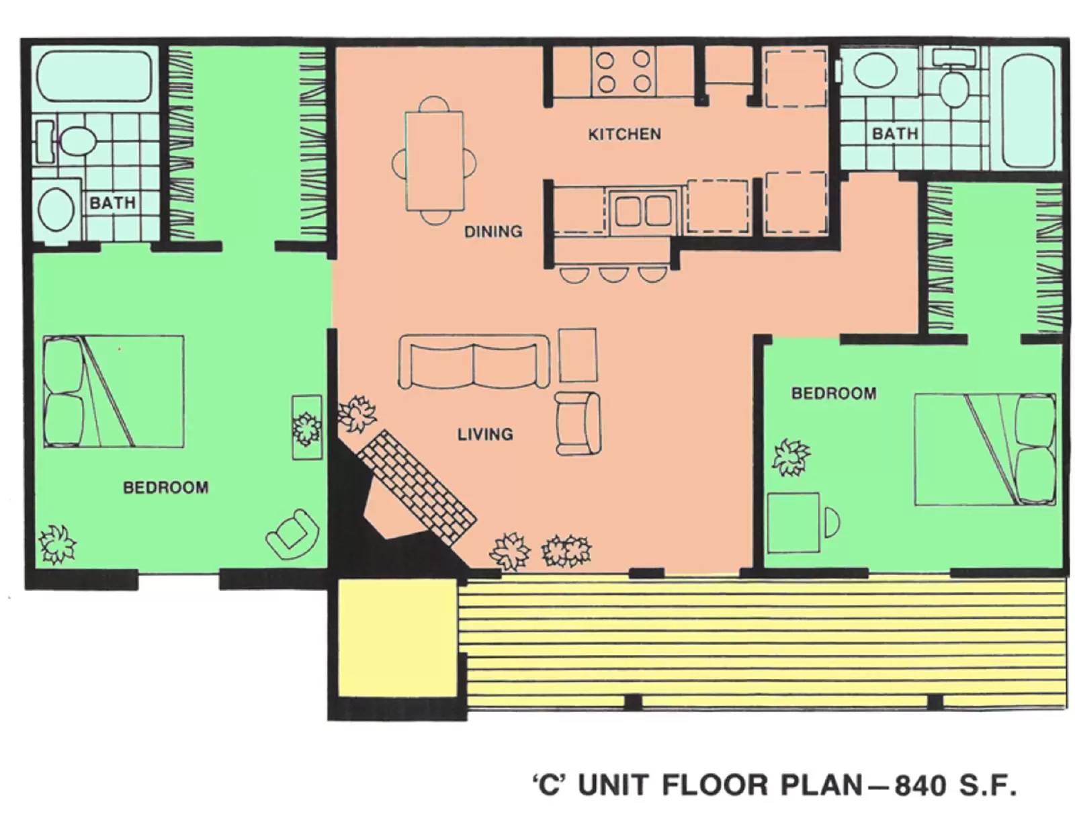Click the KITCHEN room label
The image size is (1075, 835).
(x=624, y=134)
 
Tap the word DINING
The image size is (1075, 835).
(x=492, y=231)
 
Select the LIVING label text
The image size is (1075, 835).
(x=484, y=434)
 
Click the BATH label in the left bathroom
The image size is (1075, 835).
(x=112, y=202)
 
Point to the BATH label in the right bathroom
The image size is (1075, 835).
(x=894, y=133)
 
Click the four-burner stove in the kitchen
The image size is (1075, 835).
(x=623, y=71)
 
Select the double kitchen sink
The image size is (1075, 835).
(x=643, y=211)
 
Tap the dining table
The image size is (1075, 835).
(x=434, y=161)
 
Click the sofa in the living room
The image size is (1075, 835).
(x=473, y=361)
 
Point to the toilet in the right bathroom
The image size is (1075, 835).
(x=953, y=86)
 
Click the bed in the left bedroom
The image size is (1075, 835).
(x=113, y=392)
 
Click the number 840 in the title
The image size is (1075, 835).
(x=920, y=785)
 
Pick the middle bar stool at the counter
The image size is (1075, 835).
(x=612, y=273)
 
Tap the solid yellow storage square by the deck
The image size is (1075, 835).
(x=397, y=637)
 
